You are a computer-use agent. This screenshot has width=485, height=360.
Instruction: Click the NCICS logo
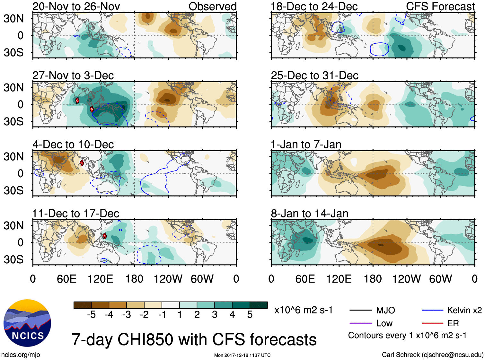pyautogui.click(x=27, y=323)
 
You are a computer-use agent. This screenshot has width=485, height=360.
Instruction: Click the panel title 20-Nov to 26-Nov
pyautogui.click(x=76, y=6)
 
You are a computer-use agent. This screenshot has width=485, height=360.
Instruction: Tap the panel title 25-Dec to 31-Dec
pyautogui.click(x=314, y=75)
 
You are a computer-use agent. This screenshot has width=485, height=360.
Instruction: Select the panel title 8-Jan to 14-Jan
pyautogui.click(x=310, y=214)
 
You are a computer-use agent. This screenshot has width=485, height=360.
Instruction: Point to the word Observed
pyautogui.click(x=212, y=6)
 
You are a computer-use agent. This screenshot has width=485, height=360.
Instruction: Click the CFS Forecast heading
pyautogui.click(x=440, y=6)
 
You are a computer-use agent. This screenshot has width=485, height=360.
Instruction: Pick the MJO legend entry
pyautogui.click(x=385, y=310)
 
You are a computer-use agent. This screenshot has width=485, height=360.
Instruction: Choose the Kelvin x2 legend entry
pyautogui.click(x=464, y=310)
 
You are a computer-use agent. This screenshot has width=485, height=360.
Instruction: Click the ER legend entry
pyautogui.click(x=453, y=323)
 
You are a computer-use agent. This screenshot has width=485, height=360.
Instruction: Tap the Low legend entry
pyautogui.click(x=384, y=323)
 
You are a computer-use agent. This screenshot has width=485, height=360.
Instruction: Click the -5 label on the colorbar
pyautogui.click(x=91, y=315)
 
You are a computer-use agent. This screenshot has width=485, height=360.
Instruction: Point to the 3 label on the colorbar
pyautogui.click(x=215, y=315)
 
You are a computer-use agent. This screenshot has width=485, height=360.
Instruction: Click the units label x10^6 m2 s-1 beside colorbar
pyautogui.click(x=303, y=310)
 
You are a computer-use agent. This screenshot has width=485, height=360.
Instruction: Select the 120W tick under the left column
pyautogui.click(x=168, y=279)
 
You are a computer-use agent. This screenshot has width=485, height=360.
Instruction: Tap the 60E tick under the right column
pyautogui.click(x=305, y=279)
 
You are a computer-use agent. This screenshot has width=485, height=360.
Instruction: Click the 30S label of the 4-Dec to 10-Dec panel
pyautogui.click(x=13, y=190)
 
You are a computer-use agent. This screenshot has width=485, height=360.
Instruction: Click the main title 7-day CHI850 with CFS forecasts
pyautogui.click(x=194, y=340)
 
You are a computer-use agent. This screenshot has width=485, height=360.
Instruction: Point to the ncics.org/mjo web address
pyautogui.click(x=21, y=355)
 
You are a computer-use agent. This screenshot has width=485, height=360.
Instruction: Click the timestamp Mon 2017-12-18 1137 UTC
pyautogui.click(x=242, y=355)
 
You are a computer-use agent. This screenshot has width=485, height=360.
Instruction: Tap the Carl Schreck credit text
pyautogui.click(x=432, y=355)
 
